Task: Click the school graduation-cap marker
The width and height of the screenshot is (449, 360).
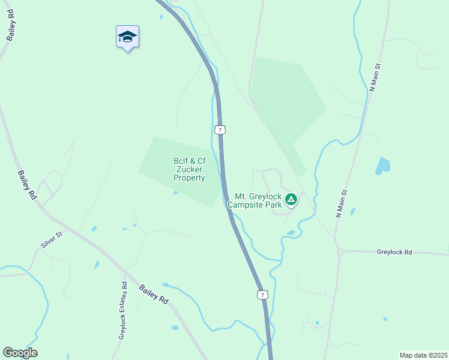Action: coord(127,37)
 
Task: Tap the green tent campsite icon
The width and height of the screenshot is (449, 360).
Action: coord(291,199)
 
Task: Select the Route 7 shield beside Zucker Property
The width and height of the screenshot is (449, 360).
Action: coord(220,130)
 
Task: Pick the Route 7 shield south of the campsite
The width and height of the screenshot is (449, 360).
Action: coord(261,295)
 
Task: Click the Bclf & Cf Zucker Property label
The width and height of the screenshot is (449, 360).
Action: coord(190,169)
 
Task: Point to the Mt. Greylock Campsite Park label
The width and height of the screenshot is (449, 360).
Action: coord(258,200)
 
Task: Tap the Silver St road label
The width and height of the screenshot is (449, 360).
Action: coord(52,240)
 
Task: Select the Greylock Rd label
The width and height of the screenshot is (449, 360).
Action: coord(394,253)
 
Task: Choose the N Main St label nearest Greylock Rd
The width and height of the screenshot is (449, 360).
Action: coord(342,203)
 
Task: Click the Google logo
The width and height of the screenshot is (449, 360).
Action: coord(20,353)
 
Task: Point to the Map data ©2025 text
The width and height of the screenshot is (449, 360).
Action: coord(423,355)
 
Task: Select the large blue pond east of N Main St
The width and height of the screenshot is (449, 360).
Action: coord(382,165)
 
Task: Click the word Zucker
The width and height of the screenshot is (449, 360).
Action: coord(189,169)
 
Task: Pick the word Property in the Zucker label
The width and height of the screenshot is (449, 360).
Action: coord(190,178)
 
